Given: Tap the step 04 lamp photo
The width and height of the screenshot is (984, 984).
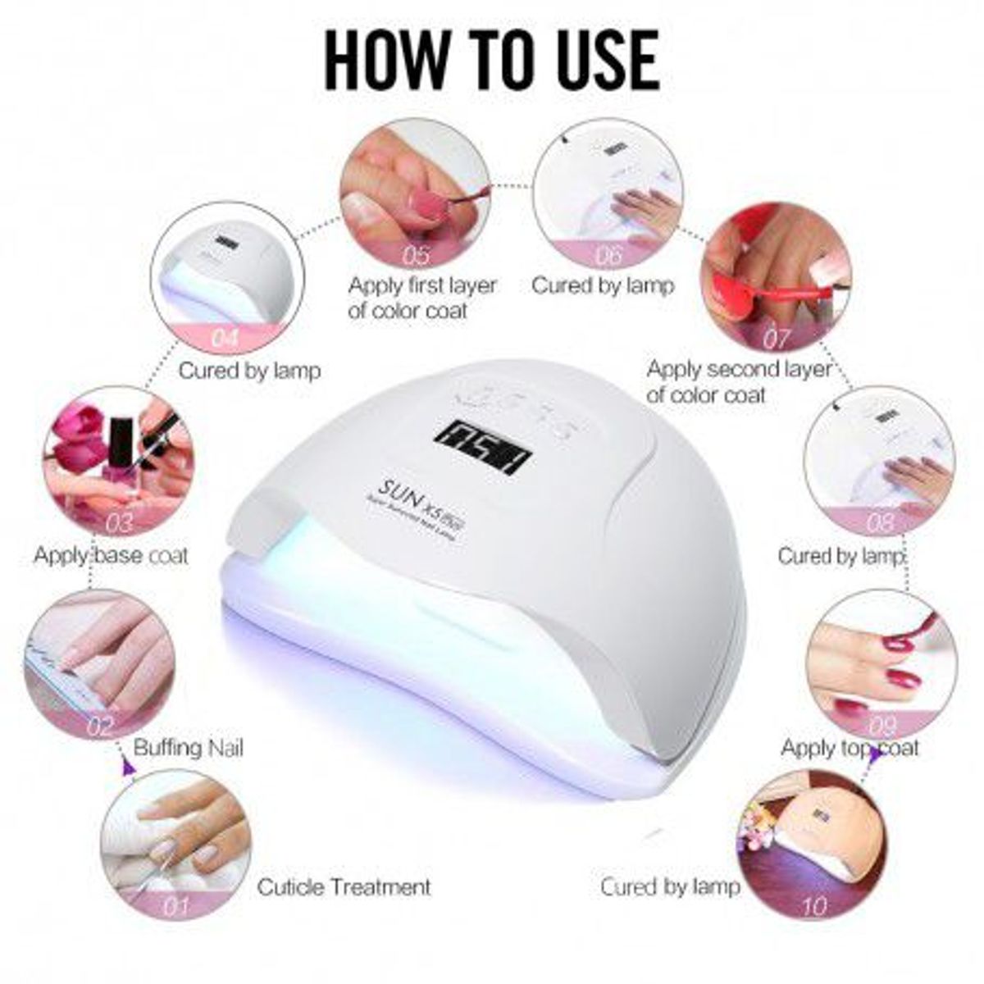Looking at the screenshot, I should pyautogui.click(x=228, y=275).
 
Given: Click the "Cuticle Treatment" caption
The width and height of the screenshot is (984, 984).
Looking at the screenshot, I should pyautogui.click(x=344, y=886).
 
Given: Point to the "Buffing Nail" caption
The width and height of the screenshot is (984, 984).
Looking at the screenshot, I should pyautogui.click(x=188, y=748).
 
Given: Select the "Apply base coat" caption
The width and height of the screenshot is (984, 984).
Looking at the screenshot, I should pyautogui.click(x=111, y=555).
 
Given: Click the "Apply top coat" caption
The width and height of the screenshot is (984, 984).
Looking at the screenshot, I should pyautogui.click(x=850, y=748).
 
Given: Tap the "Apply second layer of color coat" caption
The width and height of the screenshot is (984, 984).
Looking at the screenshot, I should pyautogui.click(x=738, y=382).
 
